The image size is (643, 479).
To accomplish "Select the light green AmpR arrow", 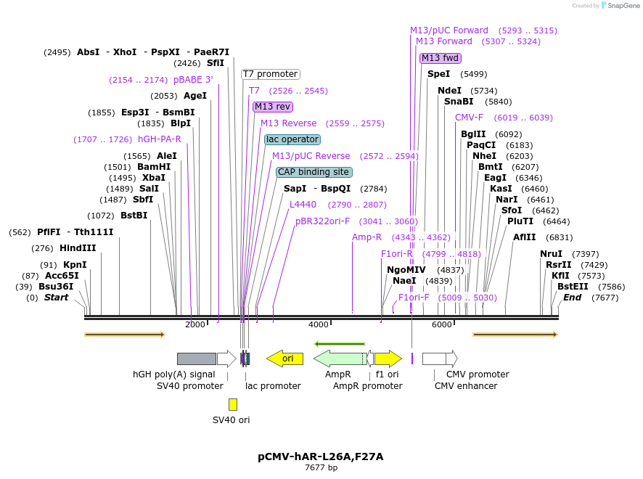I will [339, 359].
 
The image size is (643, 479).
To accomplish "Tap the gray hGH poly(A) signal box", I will [196, 359].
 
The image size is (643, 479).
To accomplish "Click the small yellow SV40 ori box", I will [232, 404].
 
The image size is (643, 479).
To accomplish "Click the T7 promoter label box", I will [271, 74].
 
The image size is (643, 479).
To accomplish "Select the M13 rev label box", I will [273, 107].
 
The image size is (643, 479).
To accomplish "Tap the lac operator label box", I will [292, 139].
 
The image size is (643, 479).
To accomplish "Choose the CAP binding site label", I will [314, 172].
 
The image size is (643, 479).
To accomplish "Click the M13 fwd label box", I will [441, 58].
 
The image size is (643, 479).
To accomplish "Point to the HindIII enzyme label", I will [78, 248].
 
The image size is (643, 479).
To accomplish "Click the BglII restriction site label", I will [473, 134].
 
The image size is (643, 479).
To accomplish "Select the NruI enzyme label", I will [551, 253].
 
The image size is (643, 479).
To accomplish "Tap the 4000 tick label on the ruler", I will [319, 324].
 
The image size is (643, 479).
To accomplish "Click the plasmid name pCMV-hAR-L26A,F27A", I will [320, 457].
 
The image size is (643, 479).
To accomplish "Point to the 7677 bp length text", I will [320, 467].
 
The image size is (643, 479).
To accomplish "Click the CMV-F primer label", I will [469, 118].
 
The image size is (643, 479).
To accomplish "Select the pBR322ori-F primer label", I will [323, 221].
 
